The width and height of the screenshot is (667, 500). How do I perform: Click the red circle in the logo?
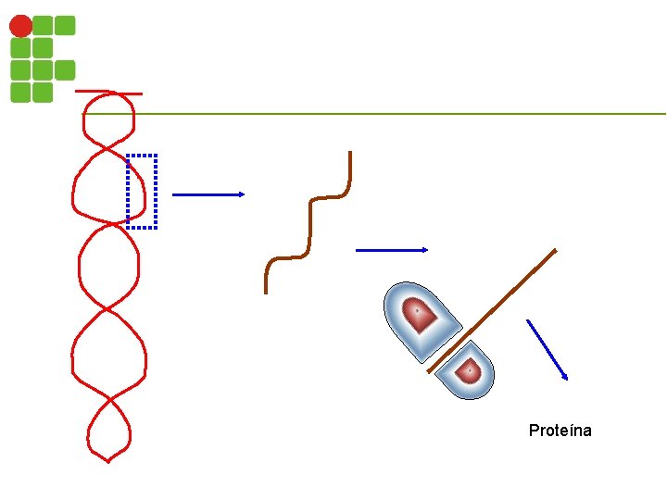[20, 26]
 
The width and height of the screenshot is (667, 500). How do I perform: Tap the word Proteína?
[560, 431]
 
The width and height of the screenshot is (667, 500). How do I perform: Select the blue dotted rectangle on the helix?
[142, 191]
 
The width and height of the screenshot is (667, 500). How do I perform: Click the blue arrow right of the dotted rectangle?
[208, 194]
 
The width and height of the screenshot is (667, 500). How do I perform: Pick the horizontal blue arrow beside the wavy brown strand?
[392, 250]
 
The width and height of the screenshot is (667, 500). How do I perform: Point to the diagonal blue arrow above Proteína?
[547, 349]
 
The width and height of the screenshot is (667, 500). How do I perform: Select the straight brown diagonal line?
[492, 310]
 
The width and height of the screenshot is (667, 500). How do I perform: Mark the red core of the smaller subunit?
[471, 369]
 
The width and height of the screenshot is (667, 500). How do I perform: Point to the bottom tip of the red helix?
[108, 460]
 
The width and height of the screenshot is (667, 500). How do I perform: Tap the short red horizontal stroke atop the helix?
[108, 92]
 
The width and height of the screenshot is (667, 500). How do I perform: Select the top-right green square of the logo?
[65, 25]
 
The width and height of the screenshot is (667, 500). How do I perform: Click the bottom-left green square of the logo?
[20, 92]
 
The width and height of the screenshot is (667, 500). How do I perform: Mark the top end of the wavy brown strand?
[350, 154]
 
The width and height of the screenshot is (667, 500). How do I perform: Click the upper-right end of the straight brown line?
[554, 251]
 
